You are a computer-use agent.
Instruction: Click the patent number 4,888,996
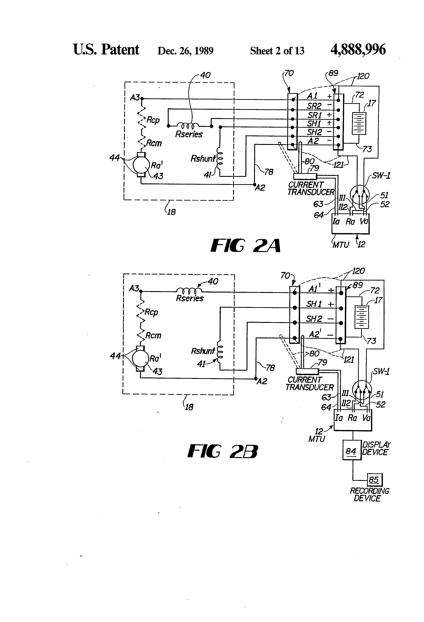pyautogui.click(x=358, y=50)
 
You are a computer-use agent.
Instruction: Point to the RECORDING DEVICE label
pyautogui.click(x=369, y=495)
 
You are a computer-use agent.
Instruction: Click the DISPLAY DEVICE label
pyautogui.click(x=376, y=449)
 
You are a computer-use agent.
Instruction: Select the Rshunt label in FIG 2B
pyautogui.click(x=203, y=351)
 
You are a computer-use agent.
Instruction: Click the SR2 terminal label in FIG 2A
pyautogui.click(x=314, y=106)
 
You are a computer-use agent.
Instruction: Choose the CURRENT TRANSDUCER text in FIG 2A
pyautogui.click(x=311, y=188)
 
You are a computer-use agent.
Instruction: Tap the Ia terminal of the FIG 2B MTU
pyautogui.click(x=339, y=418)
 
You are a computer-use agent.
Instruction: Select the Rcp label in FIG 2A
pyautogui.click(x=153, y=120)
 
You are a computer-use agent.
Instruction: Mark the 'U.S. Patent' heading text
pyautogui.click(x=106, y=50)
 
